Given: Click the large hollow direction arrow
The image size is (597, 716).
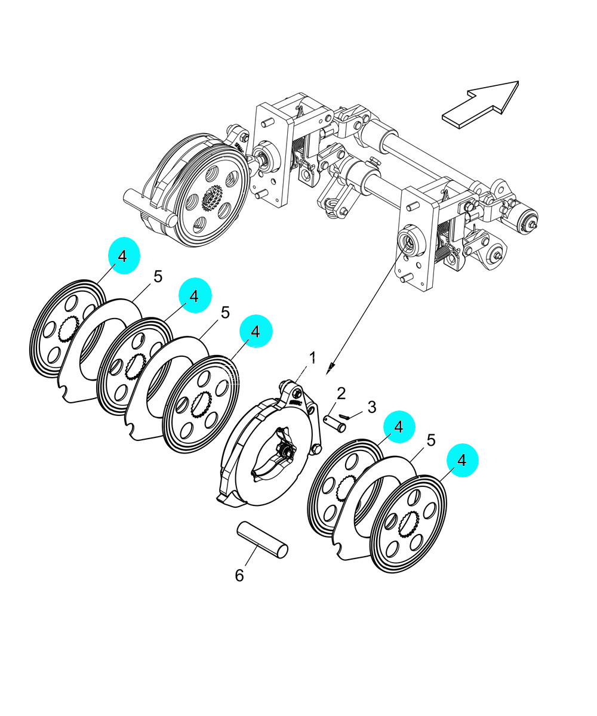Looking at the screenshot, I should click(481, 104).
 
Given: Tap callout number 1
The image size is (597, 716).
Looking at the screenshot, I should click(312, 357).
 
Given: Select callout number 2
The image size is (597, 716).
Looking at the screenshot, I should click(341, 393).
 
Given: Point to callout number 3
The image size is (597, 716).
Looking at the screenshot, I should click(371, 408).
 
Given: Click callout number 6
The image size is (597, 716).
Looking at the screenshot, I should click(239, 576).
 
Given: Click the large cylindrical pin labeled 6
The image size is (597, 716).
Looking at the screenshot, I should click(263, 540).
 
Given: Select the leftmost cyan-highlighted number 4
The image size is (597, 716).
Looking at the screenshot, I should click(123, 256).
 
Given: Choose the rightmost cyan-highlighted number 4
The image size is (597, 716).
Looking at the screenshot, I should click(461, 460).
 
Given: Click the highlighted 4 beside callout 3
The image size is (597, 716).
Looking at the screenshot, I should click(399, 427).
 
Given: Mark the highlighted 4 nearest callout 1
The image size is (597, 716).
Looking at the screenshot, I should click(256, 331).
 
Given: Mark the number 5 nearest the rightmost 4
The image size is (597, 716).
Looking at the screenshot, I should click(430, 440).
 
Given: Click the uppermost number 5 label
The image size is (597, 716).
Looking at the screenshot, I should click(158, 276).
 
